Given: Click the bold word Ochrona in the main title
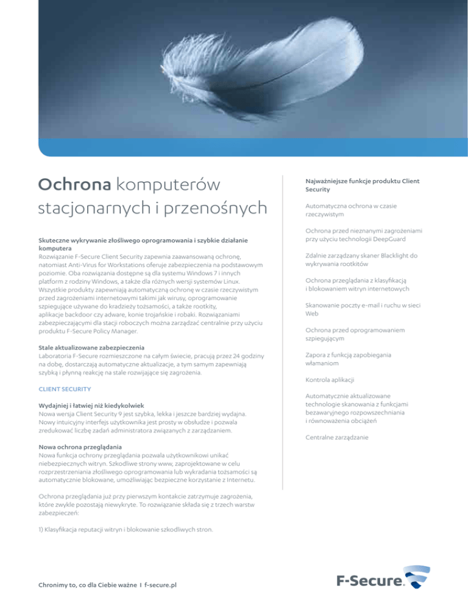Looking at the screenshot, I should [x=74, y=183].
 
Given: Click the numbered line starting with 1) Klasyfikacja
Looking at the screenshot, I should [x=126, y=529].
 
